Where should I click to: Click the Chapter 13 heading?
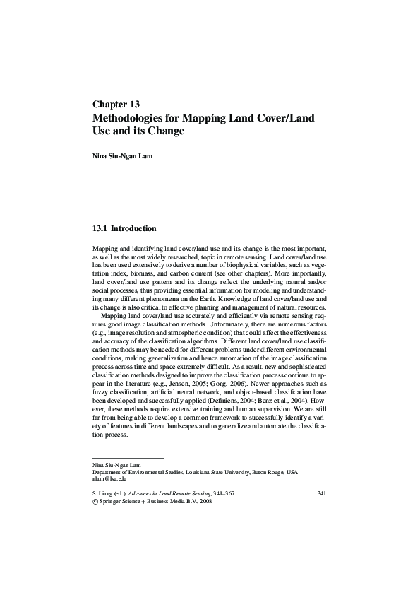tap(116, 103)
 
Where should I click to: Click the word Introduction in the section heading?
tap(133, 229)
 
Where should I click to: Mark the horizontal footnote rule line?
tap(128, 459)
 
